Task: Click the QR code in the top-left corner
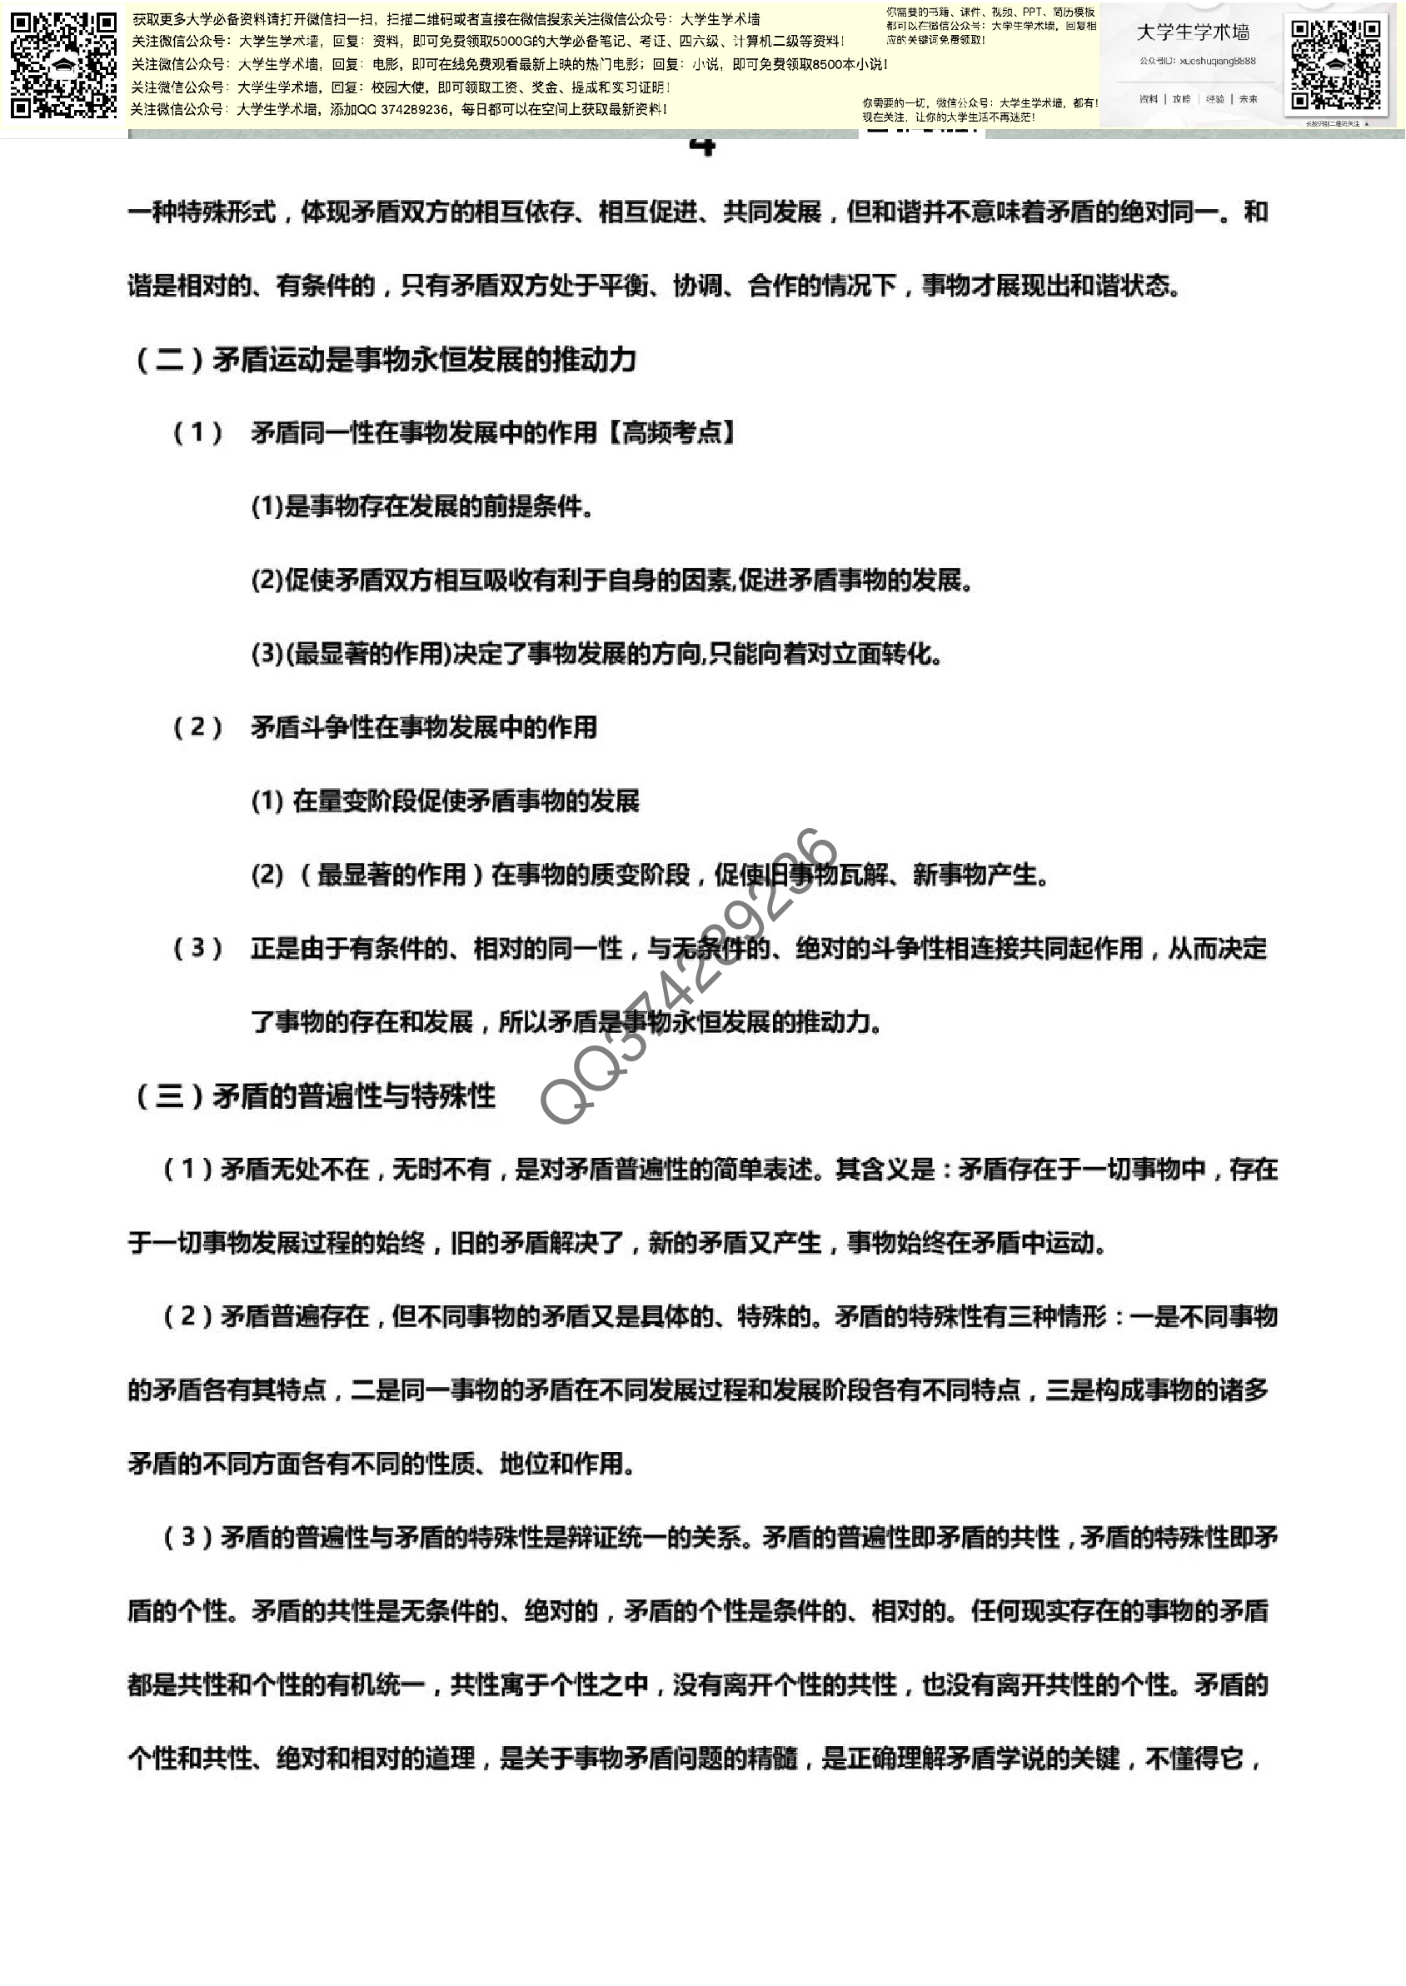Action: pos(63,64)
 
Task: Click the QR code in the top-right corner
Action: pos(1335,65)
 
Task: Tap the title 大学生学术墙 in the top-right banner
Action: pos(1192,32)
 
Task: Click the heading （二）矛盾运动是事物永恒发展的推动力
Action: pos(386,359)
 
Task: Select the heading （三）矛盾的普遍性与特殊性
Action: pos(314,1096)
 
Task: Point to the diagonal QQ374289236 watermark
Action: pos(688,976)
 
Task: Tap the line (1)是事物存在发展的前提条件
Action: pos(421,506)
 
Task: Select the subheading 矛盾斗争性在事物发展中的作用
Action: pos(423,727)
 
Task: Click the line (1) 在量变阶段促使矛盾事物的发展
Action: pos(445,801)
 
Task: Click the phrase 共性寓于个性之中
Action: pos(549,1684)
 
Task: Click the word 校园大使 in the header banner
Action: pos(399,87)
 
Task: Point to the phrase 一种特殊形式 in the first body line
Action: pos(201,212)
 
